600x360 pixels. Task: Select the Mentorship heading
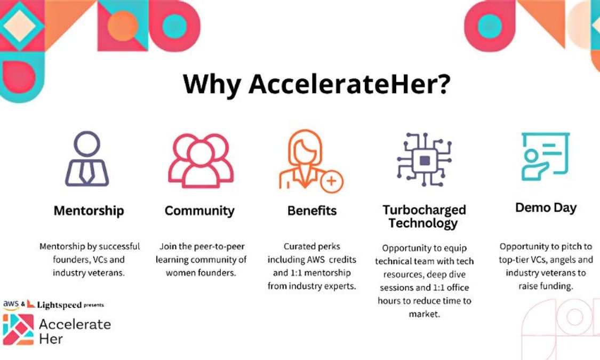(x=89, y=210)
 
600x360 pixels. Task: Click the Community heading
(x=199, y=210)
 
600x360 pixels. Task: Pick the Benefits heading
(x=312, y=210)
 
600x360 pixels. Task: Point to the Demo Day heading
(x=546, y=207)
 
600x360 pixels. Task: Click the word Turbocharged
(x=424, y=210)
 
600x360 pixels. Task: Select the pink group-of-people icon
(x=201, y=159)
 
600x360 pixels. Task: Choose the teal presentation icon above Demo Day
(x=545, y=156)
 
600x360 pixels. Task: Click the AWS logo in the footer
(x=11, y=305)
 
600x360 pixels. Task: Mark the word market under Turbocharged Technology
(x=423, y=314)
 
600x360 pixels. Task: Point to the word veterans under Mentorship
(x=109, y=273)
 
